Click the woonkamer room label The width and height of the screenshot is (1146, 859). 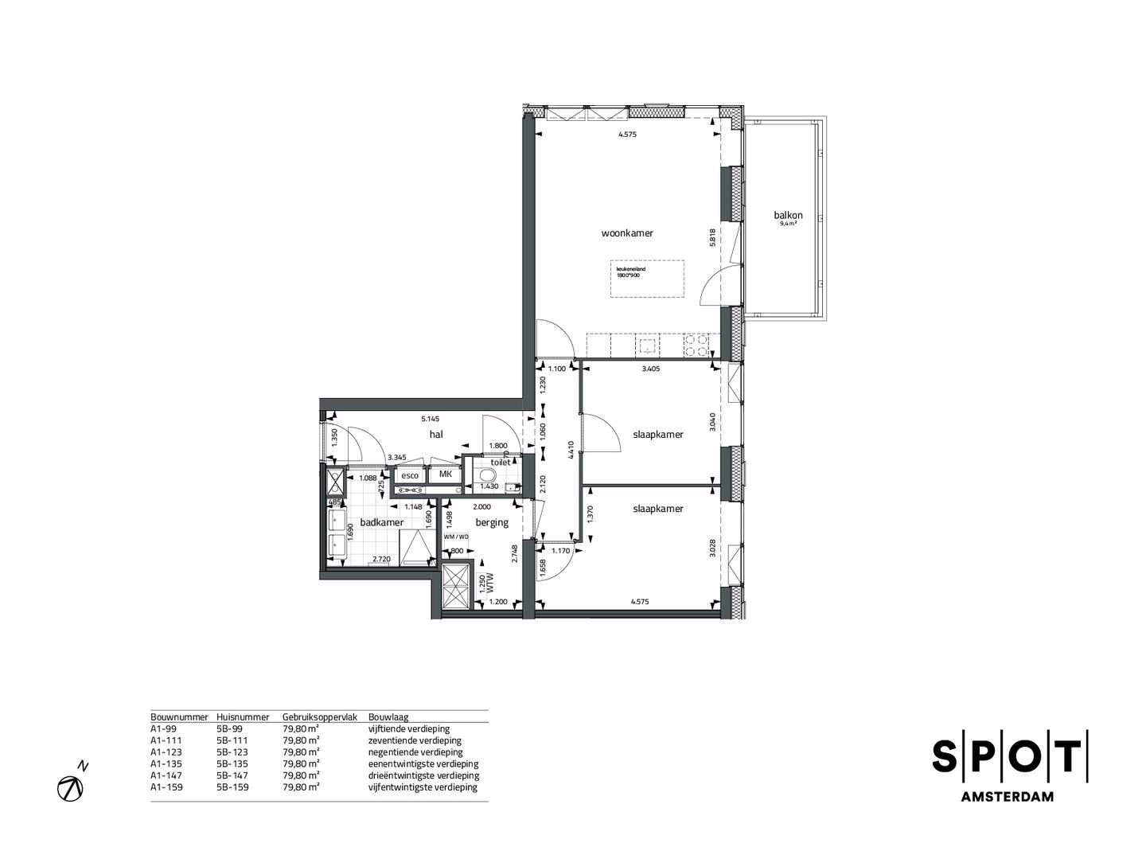click(x=627, y=233)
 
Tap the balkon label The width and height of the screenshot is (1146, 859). click(x=787, y=215)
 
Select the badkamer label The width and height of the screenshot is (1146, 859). click(x=381, y=522)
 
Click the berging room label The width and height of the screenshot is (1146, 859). click(x=491, y=523)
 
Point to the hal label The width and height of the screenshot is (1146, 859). click(x=435, y=434)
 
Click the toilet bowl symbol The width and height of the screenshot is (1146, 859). click(x=487, y=476)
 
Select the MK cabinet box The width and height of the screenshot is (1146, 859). click(x=446, y=474)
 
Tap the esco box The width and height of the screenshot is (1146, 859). click(x=410, y=475)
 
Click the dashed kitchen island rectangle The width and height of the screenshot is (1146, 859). click(x=648, y=279)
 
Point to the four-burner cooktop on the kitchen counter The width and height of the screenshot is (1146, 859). click(x=696, y=345)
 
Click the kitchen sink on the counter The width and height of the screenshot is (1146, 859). click(x=647, y=346)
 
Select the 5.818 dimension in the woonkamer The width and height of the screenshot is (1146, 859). click(x=714, y=237)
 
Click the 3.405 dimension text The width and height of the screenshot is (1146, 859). click(x=651, y=369)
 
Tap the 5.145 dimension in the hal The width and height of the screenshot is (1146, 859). click(x=431, y=418)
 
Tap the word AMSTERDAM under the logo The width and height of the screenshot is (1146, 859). click(x=1009, y=796)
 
